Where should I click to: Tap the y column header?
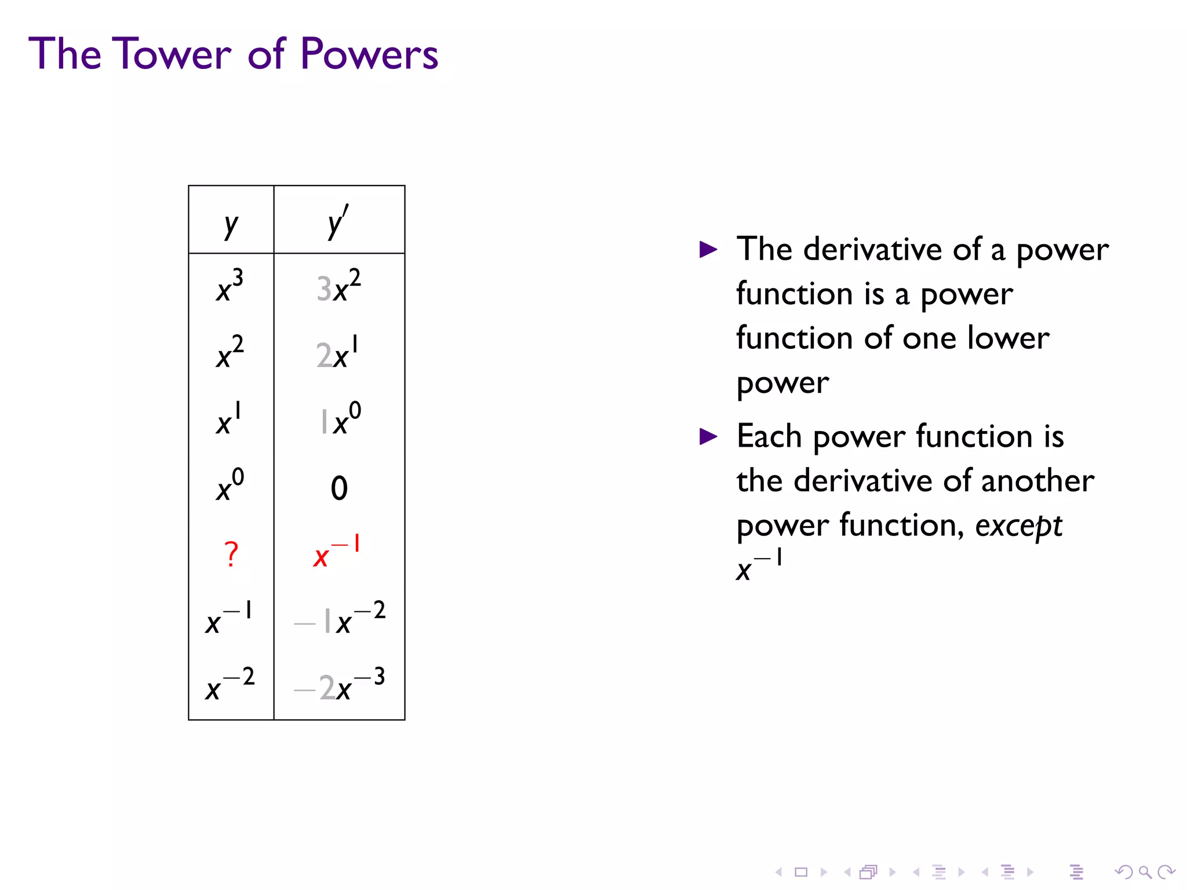231,224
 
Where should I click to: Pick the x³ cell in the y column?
230,286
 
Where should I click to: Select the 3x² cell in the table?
338,286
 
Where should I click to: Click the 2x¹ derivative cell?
337,352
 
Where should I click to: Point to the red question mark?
231,554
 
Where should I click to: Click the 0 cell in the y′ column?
339,488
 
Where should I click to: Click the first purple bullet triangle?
708,250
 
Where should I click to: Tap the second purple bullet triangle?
708,436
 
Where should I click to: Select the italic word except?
1018,526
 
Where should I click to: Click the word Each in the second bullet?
769,436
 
